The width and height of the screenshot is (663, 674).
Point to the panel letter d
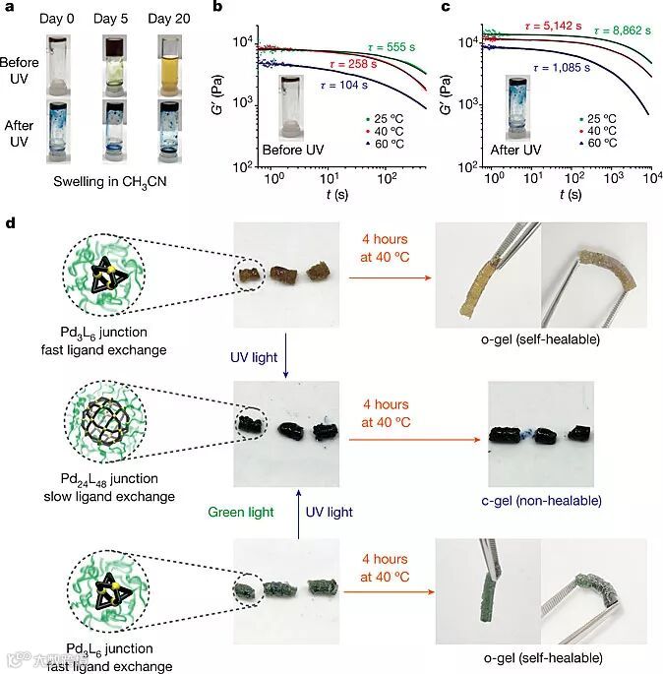(x=11, y=224)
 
